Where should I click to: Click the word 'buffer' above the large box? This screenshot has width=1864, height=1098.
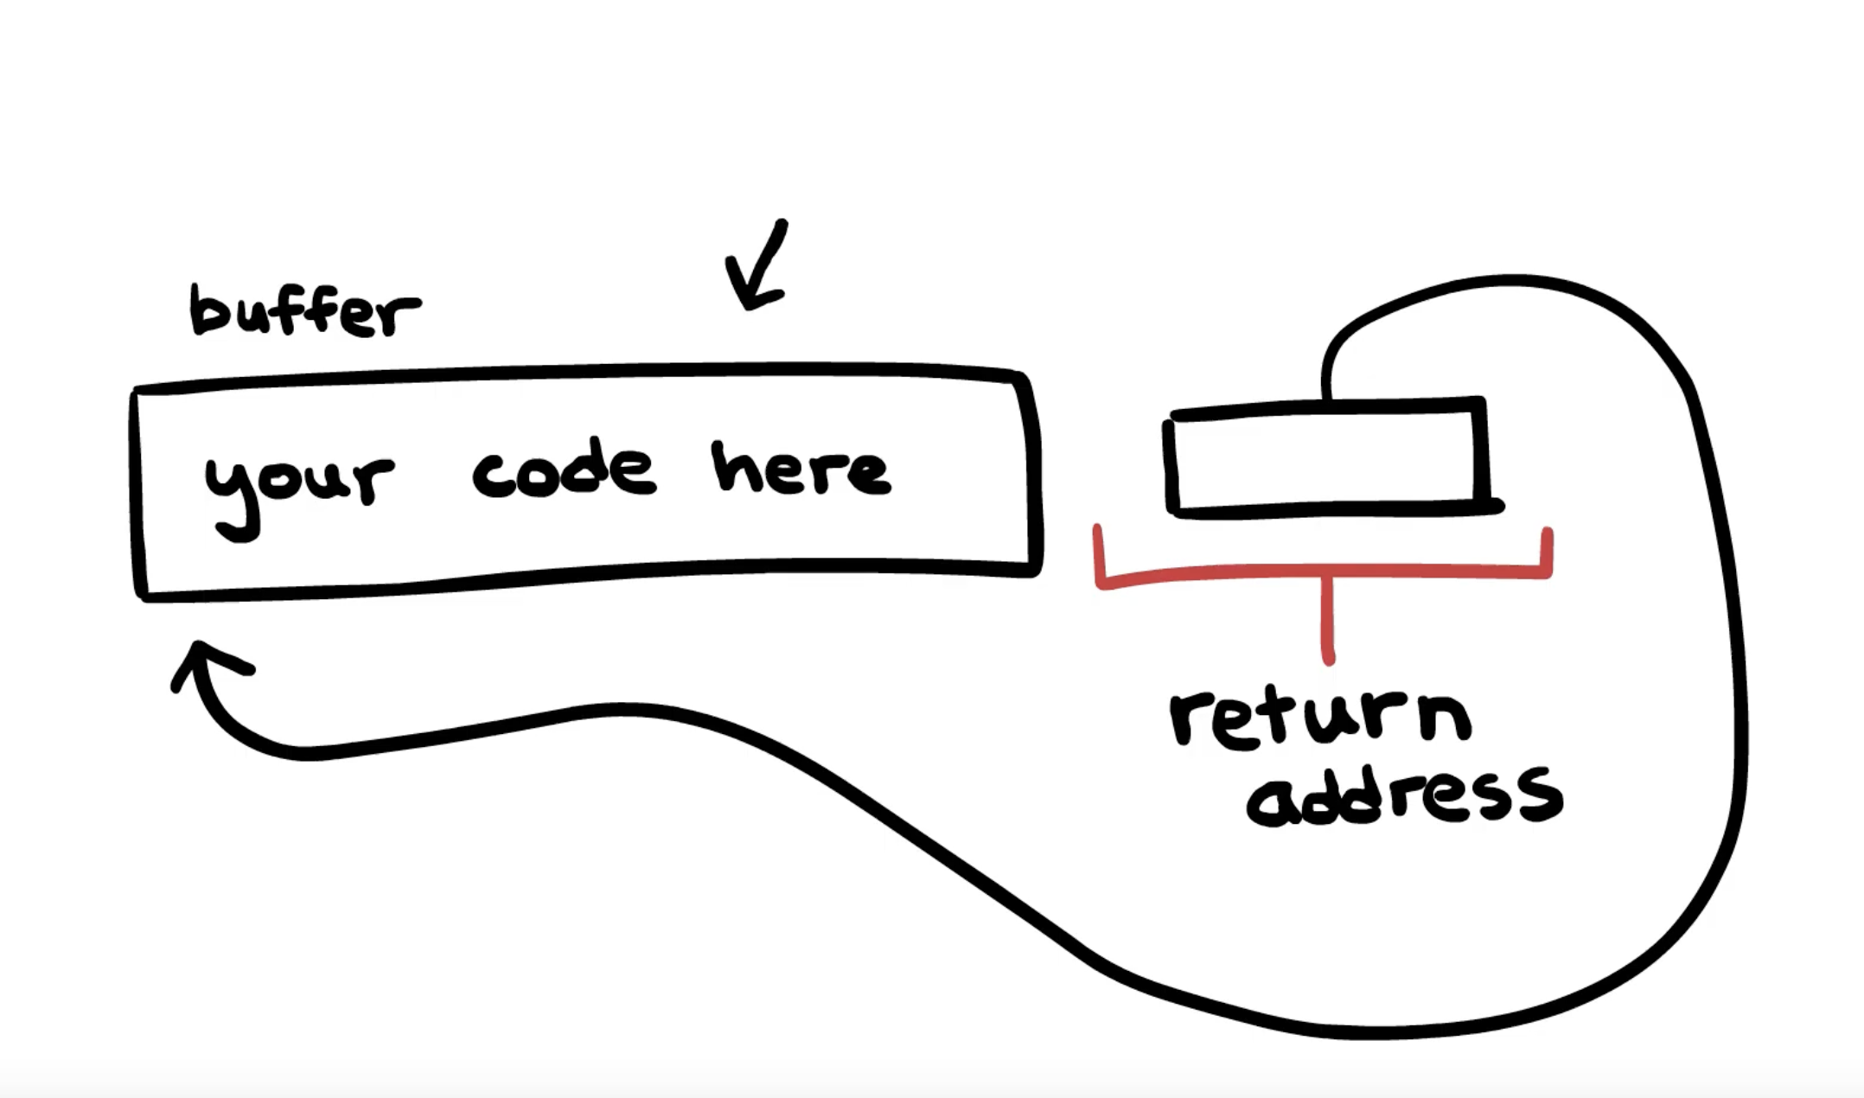pos(304,311)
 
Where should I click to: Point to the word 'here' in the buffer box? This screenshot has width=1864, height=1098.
pos(801,471)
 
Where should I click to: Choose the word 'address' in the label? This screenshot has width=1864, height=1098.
pos(1405,795)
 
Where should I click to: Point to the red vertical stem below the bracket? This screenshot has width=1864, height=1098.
pos(1328,618)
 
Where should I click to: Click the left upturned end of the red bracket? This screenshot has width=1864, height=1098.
pos(1098,553)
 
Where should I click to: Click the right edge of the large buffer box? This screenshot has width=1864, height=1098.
pos(1034,471)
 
